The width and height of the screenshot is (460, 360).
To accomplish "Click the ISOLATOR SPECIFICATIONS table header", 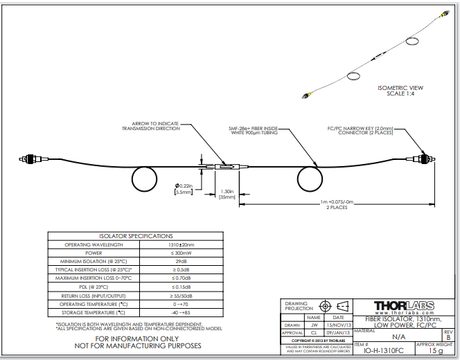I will [x=136, y=236].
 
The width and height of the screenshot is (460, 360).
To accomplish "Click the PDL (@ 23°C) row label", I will [x=94, y=286].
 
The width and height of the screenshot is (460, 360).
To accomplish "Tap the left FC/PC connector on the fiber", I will [x=29, y=160].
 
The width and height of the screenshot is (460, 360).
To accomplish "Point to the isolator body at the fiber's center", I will [x=225, y=166].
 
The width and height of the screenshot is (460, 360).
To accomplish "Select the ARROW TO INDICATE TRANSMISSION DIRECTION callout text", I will [x=150, y=126].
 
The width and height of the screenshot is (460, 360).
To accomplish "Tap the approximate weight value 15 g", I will [x=435, y=351].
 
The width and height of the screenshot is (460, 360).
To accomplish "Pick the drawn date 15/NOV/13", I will [x=339, y=325].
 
